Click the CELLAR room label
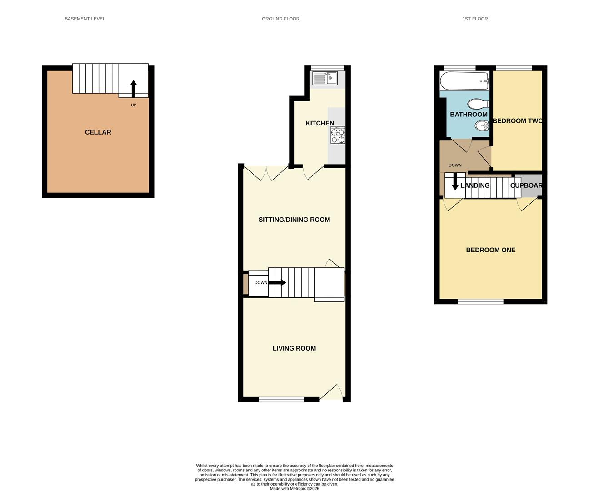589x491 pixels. (x=98, y=132)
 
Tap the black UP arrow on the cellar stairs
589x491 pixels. (x=133, y=89)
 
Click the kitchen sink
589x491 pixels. (x=324, y=78)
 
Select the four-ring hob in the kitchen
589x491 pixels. (x=338, y=135)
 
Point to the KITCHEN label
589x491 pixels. (x=320, y=123)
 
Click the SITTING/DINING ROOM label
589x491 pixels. (x=294, y=220)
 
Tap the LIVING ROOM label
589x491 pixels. (x=294, y=348)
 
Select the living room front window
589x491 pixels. (x=281, y=400)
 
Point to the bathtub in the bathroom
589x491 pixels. (x=464, y=81)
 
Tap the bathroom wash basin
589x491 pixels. (x=481, y=125)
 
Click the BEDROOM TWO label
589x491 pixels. (x=518, y=121)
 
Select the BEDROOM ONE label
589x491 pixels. (x=491, y=250)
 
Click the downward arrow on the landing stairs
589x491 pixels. (x=455, y=183)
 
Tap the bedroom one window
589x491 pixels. (x=480, y=301)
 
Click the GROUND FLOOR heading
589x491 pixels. (x=280, y=19)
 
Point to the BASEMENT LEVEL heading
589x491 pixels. (x=85, y=19)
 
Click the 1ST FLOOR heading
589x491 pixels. (x=475, y=19)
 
